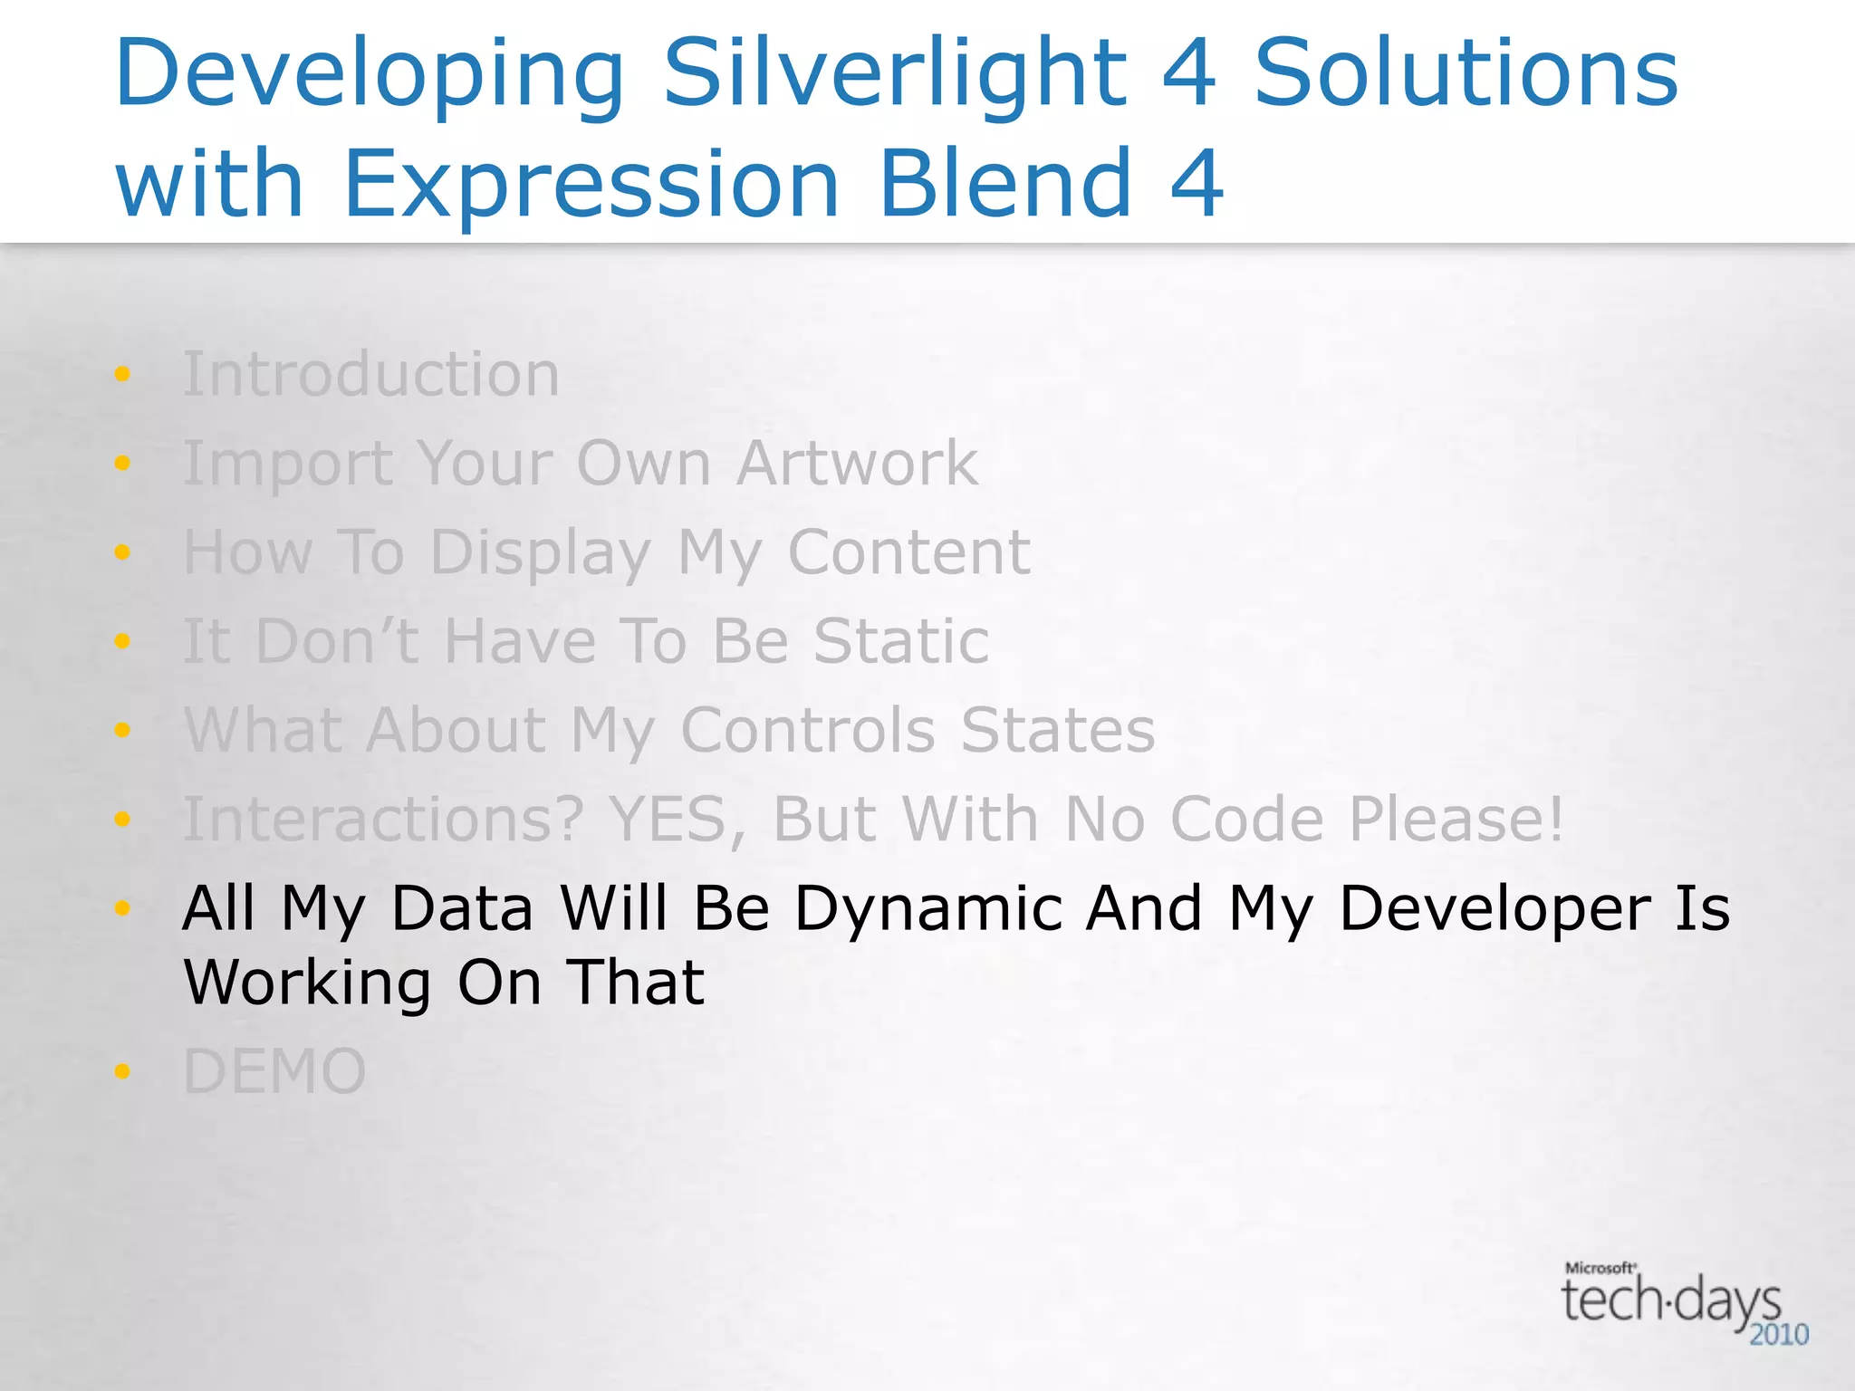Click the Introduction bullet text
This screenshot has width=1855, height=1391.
click(x=371, y=374)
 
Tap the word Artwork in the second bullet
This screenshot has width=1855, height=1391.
click(x=857, y=463)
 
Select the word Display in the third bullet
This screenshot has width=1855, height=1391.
click(x=541, y=552)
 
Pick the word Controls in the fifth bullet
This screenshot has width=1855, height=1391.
click(x=808, y=730)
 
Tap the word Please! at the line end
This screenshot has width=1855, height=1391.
click(x=1456, y=820)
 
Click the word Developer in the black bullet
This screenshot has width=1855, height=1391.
click(x=1495, y=908)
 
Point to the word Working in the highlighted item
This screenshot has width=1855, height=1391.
click(x=308, y=983)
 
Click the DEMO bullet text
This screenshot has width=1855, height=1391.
click(x=274, y=1071)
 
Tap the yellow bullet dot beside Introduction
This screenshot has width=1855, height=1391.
click(x=122, y=374)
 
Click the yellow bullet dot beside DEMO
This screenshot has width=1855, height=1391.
click(x=122, y=1072)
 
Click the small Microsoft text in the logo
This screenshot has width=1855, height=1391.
click(x=1600, y=1268)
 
